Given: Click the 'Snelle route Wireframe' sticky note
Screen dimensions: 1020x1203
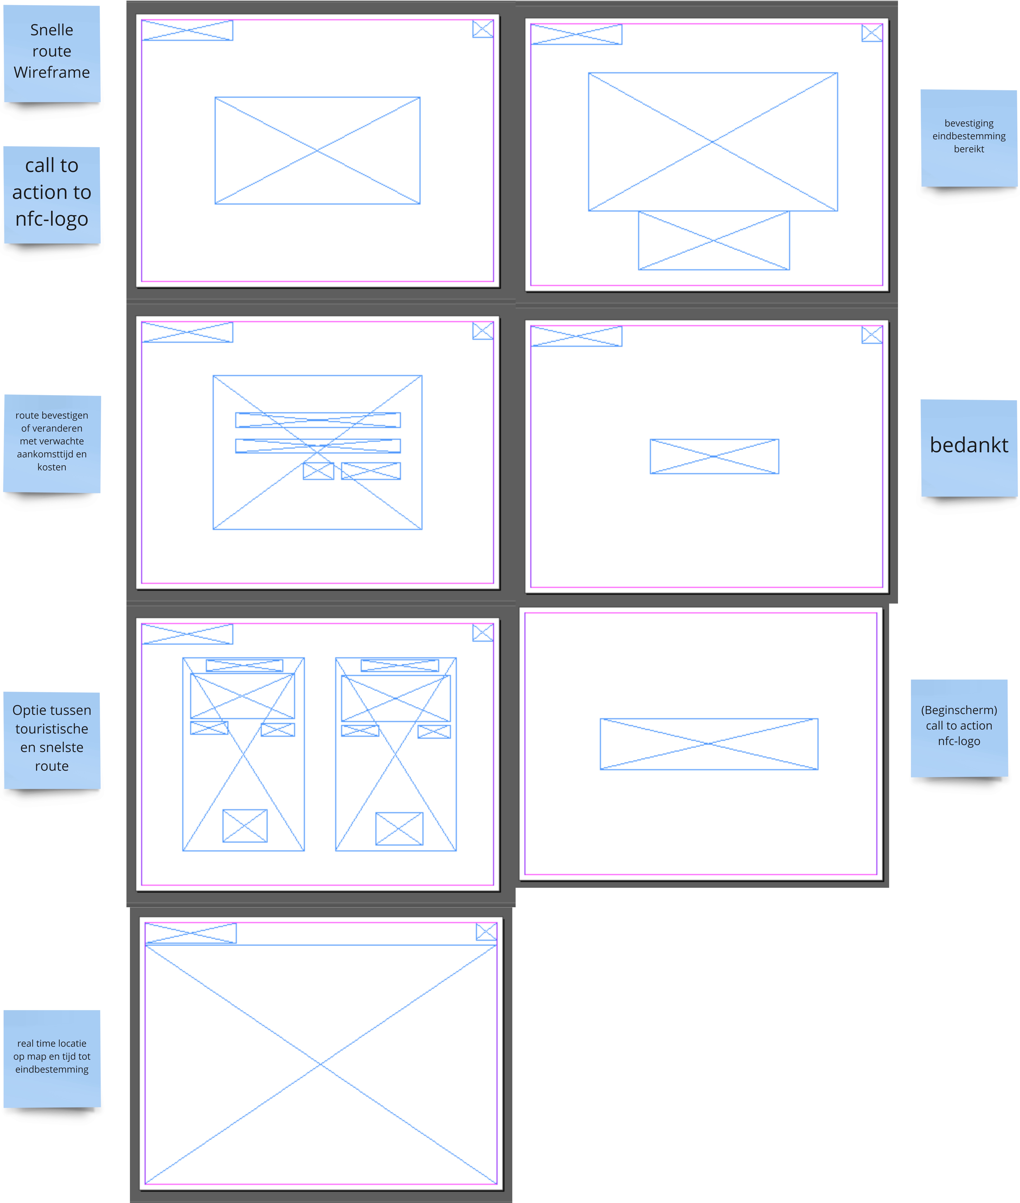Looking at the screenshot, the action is click(x=52, y=54).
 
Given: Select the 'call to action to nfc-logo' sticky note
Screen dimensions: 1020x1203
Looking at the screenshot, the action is click(x=52, y=195).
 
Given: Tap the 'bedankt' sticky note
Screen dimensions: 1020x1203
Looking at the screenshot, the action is click(x=969, y=448).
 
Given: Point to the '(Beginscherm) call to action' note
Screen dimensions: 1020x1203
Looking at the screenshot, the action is click(x=959, y=728).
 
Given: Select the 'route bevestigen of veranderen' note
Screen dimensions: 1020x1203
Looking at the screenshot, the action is click(x=52, y=444).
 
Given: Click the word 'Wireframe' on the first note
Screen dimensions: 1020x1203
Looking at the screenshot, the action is click(x=52, y=72).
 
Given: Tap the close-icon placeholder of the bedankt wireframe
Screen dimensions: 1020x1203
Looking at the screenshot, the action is click(x=872, y=335).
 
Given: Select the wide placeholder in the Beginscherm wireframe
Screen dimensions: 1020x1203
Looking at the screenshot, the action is click(x=709, y=744).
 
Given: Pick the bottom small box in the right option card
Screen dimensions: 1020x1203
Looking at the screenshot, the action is click(x=400, y=828).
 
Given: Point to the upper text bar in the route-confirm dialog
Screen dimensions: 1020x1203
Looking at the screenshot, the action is click(x=318, y=420).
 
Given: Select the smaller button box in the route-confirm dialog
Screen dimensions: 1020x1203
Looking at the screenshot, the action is click(x=319, y=471).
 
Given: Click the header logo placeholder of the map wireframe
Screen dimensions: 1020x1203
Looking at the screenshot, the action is click(x=191, y=933).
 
